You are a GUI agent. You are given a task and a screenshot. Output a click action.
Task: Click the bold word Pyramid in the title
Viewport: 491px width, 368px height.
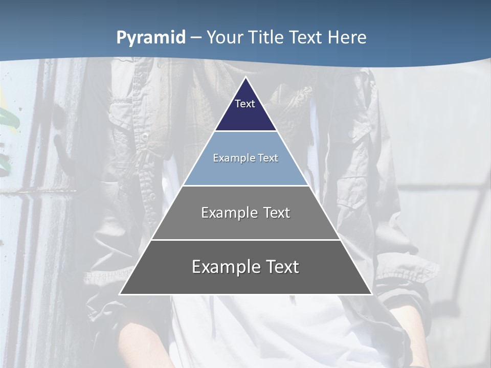(150, 38)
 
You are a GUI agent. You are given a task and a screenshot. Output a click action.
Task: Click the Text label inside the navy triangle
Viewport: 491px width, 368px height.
(245, 104)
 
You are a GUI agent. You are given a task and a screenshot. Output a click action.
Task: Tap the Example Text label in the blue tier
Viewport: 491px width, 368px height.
(245, 158)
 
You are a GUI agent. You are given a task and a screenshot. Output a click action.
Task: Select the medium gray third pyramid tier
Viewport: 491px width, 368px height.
(245, 225)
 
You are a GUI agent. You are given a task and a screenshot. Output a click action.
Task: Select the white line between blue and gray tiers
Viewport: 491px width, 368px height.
(245, 186)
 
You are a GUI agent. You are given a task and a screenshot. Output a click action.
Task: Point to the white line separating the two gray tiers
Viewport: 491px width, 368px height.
(245, 240)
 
